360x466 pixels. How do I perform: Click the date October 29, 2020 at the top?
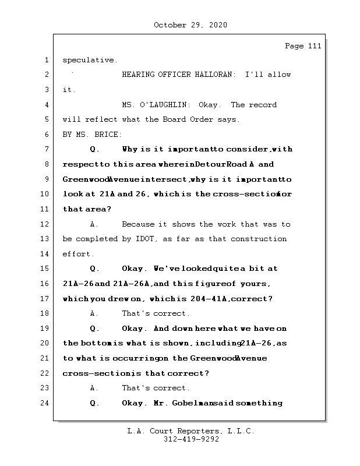[x=190, y=25]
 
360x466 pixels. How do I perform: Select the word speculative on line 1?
[x=89, y=60]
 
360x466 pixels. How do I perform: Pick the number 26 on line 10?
[x=142, y=194]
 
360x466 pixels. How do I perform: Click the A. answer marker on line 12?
[x=94, y=224]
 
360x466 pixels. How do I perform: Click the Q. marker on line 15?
[x=95, y=269]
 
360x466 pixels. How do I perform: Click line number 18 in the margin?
[x=44, y=313]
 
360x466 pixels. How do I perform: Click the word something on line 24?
[x=257, y=403]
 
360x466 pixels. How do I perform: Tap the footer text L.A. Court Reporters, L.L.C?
[x=190, y=431]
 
